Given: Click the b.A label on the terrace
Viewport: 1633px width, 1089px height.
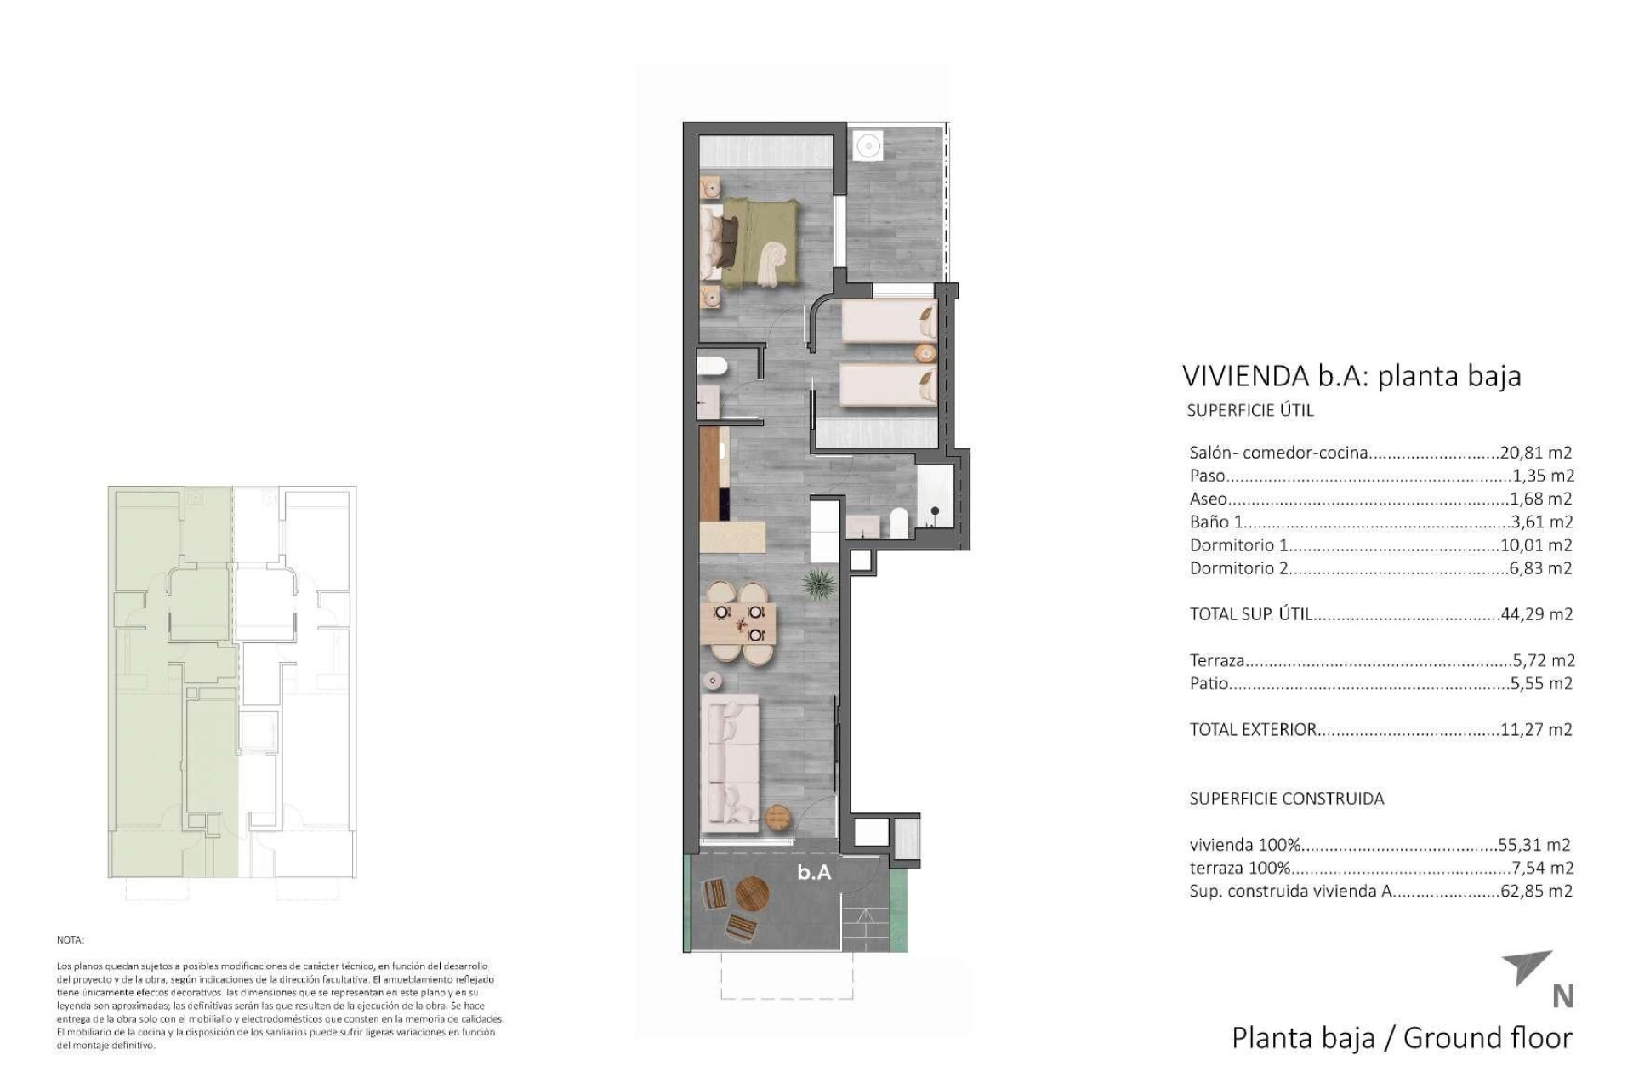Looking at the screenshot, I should click(814, 872).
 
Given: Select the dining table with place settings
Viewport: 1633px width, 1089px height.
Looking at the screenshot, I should click(738, 622).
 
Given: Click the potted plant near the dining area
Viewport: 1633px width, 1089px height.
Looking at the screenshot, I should click(818, 584).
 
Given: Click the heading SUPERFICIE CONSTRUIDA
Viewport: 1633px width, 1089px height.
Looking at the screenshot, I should click(1286, 798).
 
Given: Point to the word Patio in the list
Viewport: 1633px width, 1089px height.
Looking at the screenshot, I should click(1209, 683).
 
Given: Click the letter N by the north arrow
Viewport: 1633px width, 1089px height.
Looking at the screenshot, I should click(1562, 996).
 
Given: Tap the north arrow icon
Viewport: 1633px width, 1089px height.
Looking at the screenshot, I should click(1528, 967).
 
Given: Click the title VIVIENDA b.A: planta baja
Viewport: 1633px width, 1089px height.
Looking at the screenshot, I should click(1351, 375).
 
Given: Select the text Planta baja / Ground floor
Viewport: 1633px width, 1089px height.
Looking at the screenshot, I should click(1401, 1038).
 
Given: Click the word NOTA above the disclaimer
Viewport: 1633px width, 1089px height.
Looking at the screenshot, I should click(70, 940).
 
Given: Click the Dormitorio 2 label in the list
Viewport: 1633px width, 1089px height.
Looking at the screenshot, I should click(1238, 567).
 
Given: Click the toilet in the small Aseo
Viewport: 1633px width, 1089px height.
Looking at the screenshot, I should click(711, 367).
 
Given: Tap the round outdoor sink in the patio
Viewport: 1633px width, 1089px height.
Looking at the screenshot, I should click(868, 145).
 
